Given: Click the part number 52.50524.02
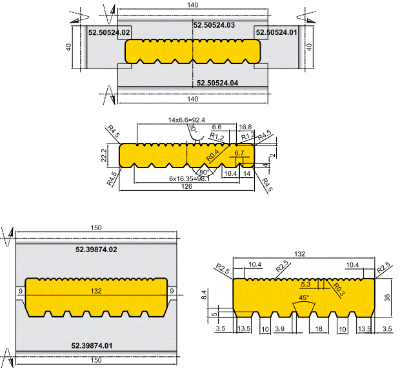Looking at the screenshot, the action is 109,32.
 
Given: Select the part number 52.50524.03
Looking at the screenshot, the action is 214,25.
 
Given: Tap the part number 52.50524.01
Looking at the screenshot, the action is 277,32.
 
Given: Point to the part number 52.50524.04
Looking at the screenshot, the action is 217,83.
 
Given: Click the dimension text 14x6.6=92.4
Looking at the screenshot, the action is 186,120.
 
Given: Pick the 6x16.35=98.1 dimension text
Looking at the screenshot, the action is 189,178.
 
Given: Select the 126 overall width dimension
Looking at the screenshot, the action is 186,187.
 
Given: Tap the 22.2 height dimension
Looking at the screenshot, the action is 104,155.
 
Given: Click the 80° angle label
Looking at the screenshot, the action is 204,172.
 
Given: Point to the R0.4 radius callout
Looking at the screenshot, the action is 212,155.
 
